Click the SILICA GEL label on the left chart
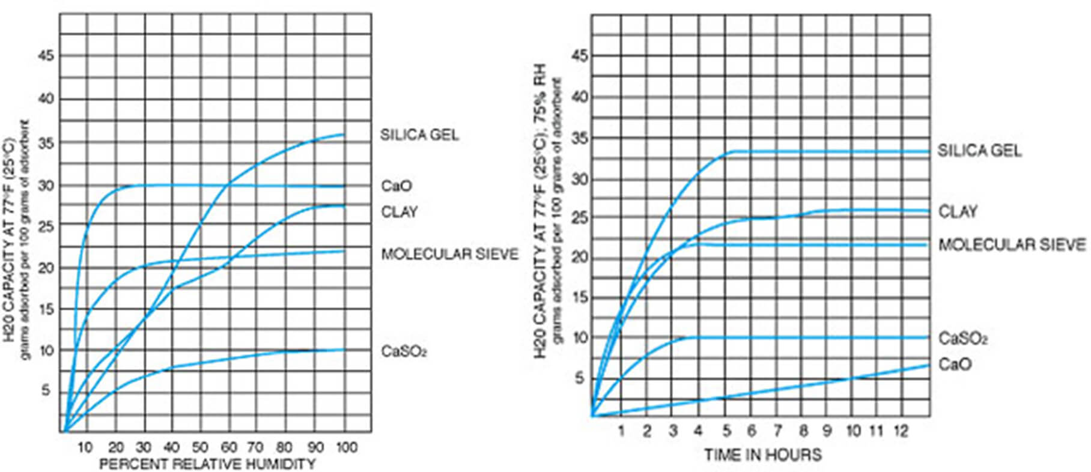tap(419, 135)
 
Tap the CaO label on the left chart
tap(397, 186)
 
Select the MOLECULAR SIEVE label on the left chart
tap(449, 254)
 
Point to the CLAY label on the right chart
tap(958, 211)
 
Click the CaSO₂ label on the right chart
tap(963, 339)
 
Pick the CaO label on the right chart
tap(955, 365)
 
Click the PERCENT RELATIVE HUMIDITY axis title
tap(207, 464)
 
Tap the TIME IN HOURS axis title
tap(762, 454)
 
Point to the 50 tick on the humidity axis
tap(199, 447)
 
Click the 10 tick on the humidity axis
tap(85, 447)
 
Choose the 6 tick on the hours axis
tap(752, 431)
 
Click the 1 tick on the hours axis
tap(621, 431)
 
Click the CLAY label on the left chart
tap(399, 211)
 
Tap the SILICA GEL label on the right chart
tap(979, 150)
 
